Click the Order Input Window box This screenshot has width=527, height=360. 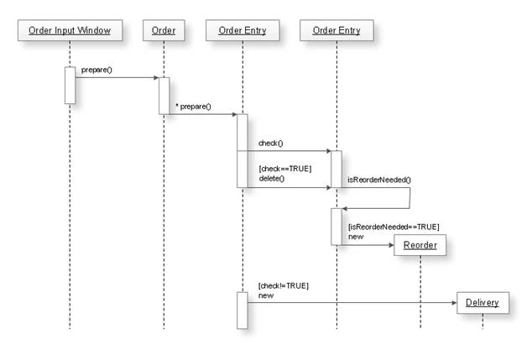tap(69, 32)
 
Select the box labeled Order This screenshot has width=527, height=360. tap(164, 32)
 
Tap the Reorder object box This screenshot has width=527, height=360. tap(420, 245)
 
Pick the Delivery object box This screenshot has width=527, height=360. tap(482, 302)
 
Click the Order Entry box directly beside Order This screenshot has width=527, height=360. tap(242, 32)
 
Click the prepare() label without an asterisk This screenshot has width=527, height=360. tap(97, 70)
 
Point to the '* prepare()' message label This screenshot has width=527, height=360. tap(193, 107)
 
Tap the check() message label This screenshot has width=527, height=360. tap(271, 143)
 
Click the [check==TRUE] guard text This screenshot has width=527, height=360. tap(284, 169)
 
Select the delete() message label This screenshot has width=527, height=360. tap(272, 179)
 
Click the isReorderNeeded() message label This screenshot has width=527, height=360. tap(379, 180)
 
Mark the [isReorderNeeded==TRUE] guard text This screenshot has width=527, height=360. tap(393, 227)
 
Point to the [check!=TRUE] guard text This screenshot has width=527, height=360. tap(283, 285)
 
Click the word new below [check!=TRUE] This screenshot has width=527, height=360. tap(266, 295)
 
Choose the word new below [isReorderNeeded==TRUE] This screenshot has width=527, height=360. tap(355, 237)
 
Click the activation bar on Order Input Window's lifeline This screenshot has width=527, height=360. tap(70, 85)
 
